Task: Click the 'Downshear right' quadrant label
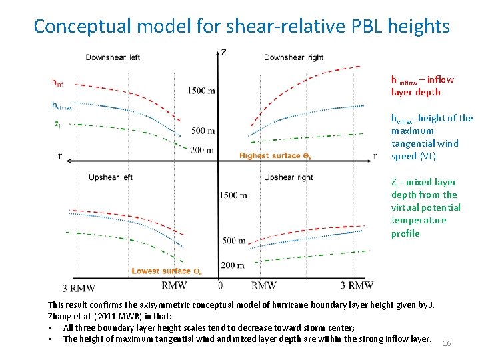(x=293, y=57)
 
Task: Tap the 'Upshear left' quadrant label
(x=110, y=177)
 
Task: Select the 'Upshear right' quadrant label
(x=288, y=177)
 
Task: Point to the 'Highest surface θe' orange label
(x=275, y=156)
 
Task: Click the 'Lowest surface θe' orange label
(x=167, y=271)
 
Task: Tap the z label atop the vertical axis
(x=223, y=52)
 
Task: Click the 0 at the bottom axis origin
(x=220, y=285)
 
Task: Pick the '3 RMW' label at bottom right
(x=356, y=285)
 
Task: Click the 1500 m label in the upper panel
(x=201, y=91)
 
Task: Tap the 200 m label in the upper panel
(x=201, y=150)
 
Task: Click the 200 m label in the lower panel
(x=232, y=265)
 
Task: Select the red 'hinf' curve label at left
(x=58, y=83)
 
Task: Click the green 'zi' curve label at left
(x=57, y=123)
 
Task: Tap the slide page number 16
(x=447, y=343)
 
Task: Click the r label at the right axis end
(x=375, y=157)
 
